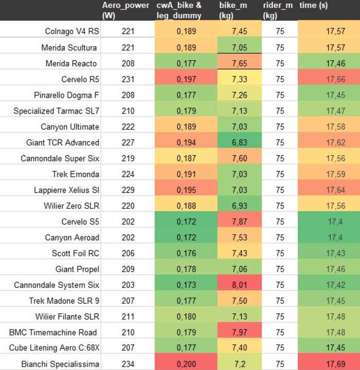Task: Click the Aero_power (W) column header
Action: (125, 10)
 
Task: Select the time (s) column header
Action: (313, 6)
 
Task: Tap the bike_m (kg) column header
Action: (235, 10)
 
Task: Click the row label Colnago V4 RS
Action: (72, 32)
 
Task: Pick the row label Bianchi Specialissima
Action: (60, 364)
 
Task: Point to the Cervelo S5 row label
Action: (77, 221)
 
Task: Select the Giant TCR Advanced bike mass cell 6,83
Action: (240, 142)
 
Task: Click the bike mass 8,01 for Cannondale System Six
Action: (240, 285)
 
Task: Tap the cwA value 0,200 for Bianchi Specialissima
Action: (186, 364)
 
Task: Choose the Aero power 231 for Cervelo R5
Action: (128, 79)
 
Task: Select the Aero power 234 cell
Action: (128, 364)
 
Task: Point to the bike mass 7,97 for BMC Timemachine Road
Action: (240, 332)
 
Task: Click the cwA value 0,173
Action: (186, 285)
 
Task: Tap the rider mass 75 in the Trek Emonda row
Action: (280, 174)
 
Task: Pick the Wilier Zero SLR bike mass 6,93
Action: (240, 206)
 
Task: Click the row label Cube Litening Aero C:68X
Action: (54, 348)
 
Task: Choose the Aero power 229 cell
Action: (128, 190)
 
